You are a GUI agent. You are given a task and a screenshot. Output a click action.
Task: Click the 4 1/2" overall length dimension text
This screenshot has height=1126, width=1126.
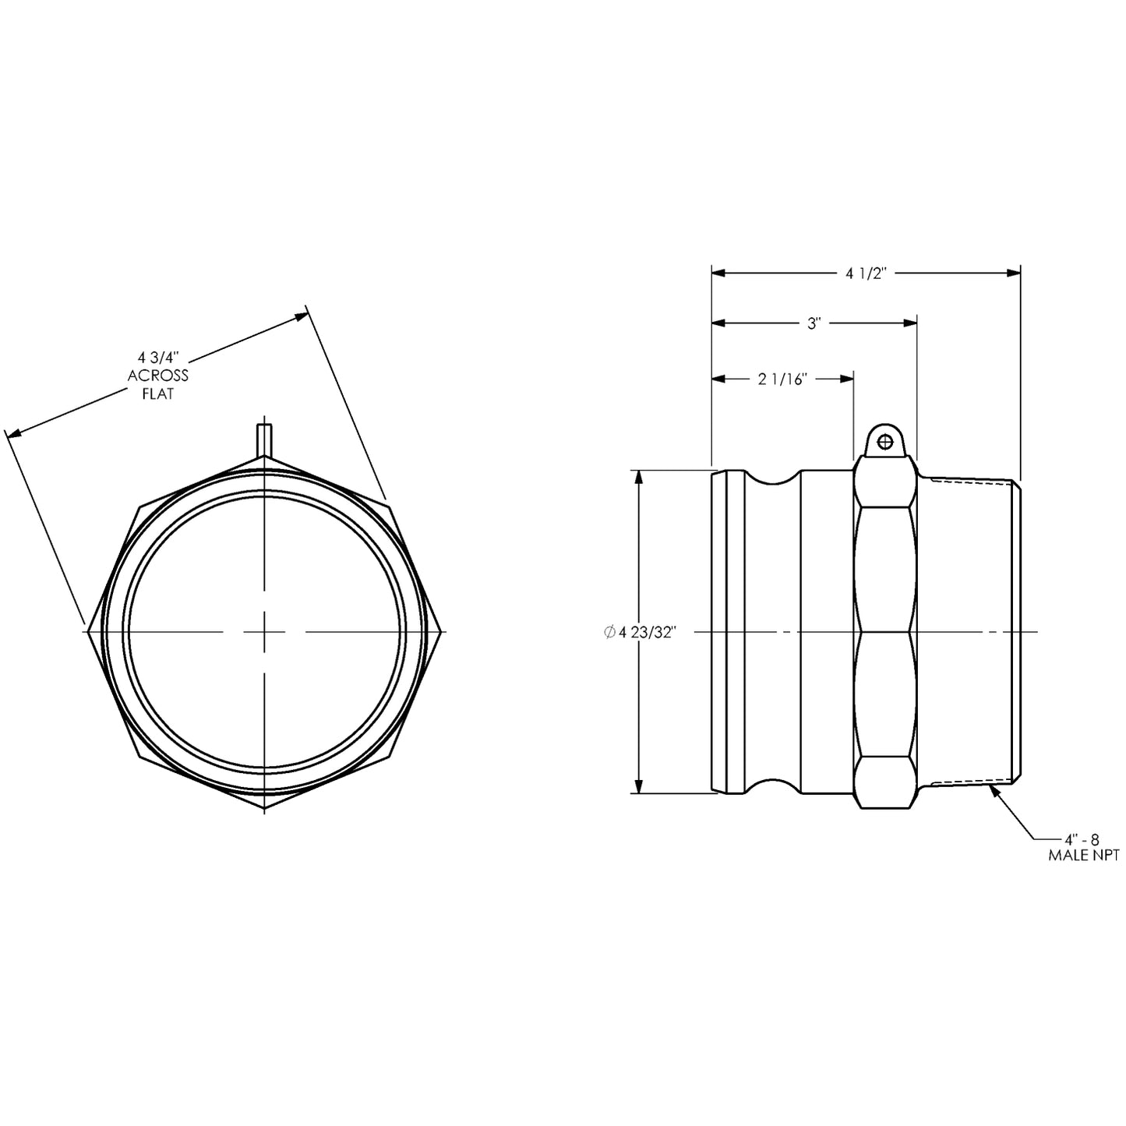[867, 273]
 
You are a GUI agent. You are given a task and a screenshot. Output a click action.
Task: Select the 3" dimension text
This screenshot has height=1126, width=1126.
[814, 323]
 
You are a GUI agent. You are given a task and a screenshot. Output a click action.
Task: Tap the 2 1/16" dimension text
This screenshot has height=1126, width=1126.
[782, 379]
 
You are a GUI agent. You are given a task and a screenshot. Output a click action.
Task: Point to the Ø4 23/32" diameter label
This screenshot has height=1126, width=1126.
[638, 632]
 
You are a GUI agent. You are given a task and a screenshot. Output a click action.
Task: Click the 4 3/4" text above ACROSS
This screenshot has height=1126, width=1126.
[158, 357]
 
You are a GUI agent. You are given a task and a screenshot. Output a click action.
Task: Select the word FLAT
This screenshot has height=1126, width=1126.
[158, 394]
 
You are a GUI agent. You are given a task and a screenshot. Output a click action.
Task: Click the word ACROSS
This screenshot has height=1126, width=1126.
[158, 376]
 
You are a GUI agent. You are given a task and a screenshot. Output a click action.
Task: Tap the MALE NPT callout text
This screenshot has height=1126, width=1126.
[1083, 856]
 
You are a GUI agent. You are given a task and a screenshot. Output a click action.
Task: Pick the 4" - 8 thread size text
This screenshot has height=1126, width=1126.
[1083, 839]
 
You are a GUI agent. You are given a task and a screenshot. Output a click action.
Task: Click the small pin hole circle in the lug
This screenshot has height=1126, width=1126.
[884, 442]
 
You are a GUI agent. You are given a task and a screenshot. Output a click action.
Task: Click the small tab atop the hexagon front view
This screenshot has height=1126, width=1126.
[265, 438]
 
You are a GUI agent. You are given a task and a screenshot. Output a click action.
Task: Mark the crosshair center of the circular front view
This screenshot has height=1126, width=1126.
[265, 631]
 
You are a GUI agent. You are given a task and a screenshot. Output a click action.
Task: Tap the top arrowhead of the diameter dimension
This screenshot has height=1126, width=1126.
[640, 477]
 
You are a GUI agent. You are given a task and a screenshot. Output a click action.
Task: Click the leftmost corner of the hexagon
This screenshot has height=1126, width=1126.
[89, 631]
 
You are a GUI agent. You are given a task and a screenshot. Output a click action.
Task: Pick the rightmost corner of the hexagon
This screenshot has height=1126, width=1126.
[443, 631]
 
